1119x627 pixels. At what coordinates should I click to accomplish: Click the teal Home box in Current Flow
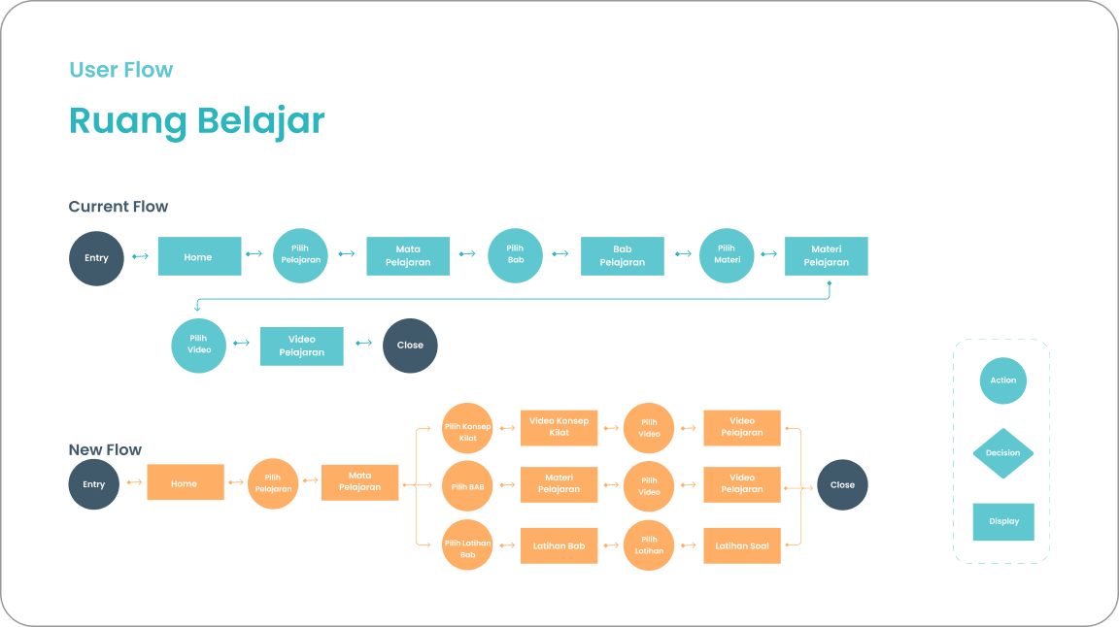[199, 256]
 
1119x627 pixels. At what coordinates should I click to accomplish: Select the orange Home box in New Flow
[185, 482]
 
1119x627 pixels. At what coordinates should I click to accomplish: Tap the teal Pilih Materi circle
[727, 255]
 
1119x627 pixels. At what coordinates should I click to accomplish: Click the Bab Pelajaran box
[622, 256]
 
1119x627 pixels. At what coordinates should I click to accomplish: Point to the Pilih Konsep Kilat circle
[467, 428]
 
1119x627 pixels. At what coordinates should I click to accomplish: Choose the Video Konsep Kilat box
[559, 427]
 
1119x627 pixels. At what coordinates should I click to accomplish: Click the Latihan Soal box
[741, 545]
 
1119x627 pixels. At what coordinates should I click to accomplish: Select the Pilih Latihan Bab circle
[467, 544]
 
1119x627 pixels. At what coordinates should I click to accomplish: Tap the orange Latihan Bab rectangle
[559, 545]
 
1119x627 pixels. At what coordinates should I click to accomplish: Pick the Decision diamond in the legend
[1002, 453]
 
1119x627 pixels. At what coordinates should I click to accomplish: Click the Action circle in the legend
[1002, 380]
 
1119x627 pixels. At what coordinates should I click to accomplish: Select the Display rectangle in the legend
[1003, 521]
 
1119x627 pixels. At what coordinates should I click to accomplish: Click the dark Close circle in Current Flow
[410, 346]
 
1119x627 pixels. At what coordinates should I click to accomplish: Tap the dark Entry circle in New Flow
[94, 484]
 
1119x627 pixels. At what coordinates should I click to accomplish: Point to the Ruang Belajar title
[196, 121]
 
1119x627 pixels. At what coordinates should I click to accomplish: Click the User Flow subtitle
[120, 70]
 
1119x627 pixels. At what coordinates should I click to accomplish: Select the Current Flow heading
[118, 207]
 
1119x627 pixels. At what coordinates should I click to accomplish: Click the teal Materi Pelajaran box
[826, 256]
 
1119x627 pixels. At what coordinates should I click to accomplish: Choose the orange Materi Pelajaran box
[559, 483]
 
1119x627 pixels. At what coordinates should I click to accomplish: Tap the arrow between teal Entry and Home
[141, 256]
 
